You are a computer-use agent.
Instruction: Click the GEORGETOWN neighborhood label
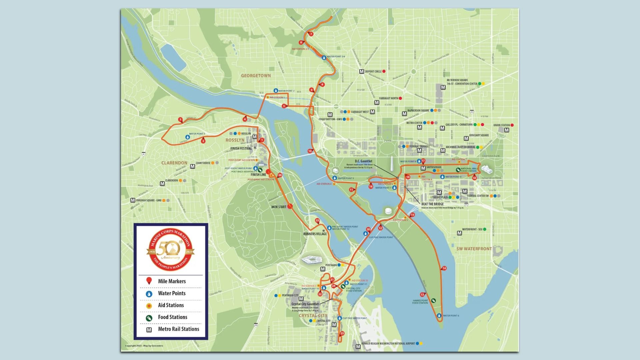coord(256,76)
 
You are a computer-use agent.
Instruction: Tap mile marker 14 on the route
coord(444,268)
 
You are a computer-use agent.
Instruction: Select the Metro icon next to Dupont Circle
coord(362,71)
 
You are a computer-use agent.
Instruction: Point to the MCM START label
coord(278,207)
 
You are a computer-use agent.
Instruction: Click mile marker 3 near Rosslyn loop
coord(180,119)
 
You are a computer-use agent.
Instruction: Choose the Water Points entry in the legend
coord(171,293)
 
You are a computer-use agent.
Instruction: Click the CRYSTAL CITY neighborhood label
coord(313,315)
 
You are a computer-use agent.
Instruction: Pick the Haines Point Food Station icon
coord(433,300)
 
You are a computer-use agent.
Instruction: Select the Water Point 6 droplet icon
coord(439,315)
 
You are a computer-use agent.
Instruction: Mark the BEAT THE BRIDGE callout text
coord(432,204)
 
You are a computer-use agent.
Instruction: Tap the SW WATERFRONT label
coord(474,249)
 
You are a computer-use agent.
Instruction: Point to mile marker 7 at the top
coord(311,34)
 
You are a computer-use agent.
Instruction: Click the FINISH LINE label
coord(258,174)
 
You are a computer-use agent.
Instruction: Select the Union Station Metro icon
coord(507,130)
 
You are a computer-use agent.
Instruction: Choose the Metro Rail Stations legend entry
coord(178,329)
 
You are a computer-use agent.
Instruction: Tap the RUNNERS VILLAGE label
coord(315,234)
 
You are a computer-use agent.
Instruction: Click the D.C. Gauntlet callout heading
coord(363,161)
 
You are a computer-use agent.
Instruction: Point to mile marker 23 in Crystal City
coord(342,333)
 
